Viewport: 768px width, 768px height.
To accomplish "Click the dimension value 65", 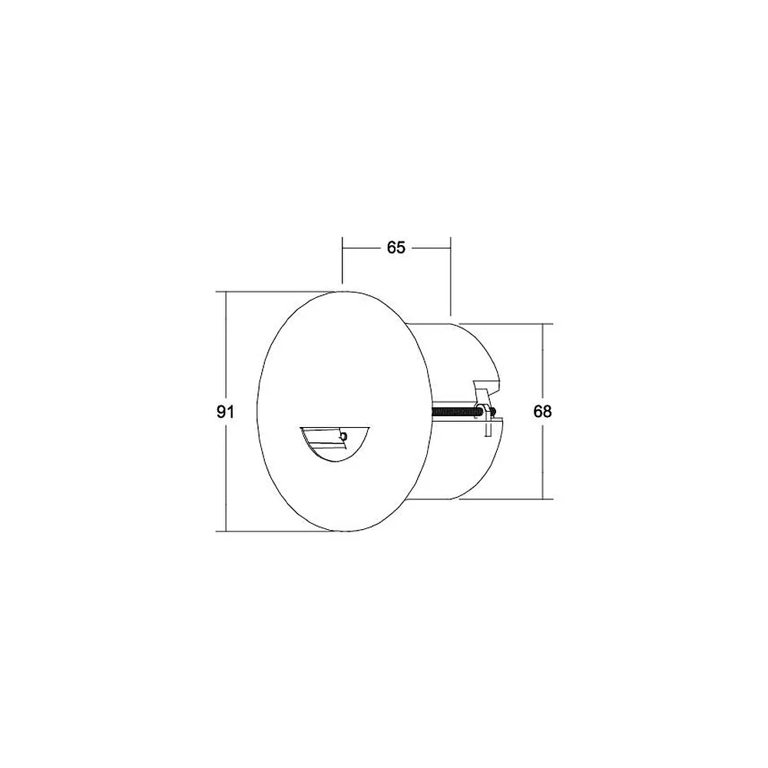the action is (396, 248).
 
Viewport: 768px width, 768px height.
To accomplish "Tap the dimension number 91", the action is (225, 412).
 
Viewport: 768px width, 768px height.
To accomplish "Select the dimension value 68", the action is (542, 412).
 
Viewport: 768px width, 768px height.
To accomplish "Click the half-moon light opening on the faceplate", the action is (335, 444).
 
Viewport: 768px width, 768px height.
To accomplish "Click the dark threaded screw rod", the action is (454, 412).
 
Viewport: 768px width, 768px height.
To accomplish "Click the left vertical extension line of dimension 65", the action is (343, 260).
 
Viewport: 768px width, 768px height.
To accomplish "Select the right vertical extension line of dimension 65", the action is (451, 276).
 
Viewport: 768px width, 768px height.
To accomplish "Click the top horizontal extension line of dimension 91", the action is (276, 292).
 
